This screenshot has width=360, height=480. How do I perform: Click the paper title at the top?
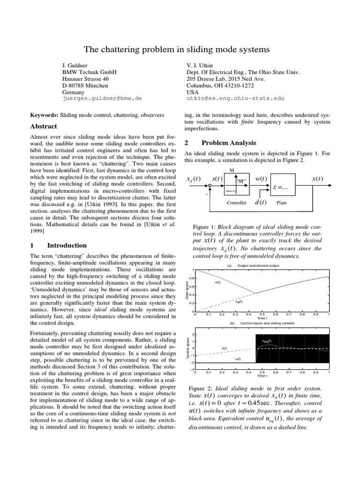[180, 49]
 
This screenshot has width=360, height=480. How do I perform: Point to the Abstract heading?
[44, 127]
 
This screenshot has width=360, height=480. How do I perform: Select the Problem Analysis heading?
[229, 142]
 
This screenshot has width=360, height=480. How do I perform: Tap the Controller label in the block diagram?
[236, 203]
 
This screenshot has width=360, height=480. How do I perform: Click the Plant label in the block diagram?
[282, 203]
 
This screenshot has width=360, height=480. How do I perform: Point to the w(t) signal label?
[261, 179]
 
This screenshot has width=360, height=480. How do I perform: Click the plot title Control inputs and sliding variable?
[266, 323]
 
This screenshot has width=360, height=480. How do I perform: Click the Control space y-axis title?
[187, 348]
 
